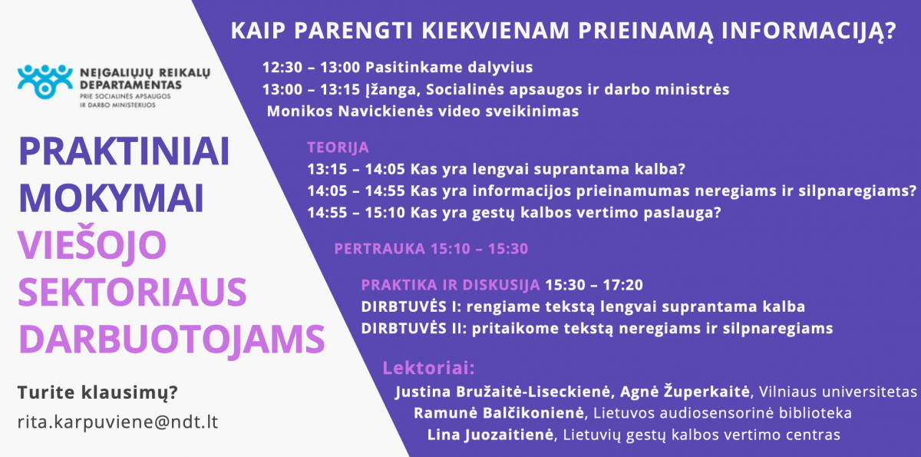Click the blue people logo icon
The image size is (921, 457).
pyautogui.click(x=45, y=81)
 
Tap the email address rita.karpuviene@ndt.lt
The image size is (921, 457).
pyautogui.click(x=117, y=422)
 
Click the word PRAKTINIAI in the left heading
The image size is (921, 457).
pyautogui.click(x=124, y=151)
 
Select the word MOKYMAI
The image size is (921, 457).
pyautogui.click(x=111, y=198)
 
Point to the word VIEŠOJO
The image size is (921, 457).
pyautogui.click(x=92, y=245)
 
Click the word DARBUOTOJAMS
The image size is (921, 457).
pyautogui.click(x=172, y=339)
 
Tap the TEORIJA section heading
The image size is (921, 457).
pyautogui.click(x=338, y=147)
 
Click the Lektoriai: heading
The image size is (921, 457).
pyautogui.click(x=428, y=368)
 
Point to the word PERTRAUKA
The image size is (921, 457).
pyautogui.click(x=379, y=249)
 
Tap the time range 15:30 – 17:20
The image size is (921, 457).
pyautogui.click(x=594, y=285)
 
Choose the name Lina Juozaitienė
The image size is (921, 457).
pyautogui.click(x=490, y=435)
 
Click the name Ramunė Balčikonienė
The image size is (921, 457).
pyautogui.click(x=499, y=413)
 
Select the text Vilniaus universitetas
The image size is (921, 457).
pyautogui.click(x=838, y=392)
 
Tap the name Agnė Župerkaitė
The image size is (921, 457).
pyautogui.click(x=685, y=391)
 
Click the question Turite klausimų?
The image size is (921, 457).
pyautogui.click(x=97, y=392)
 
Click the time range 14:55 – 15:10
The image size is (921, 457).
pyautogui.click(x=356, y=213)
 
